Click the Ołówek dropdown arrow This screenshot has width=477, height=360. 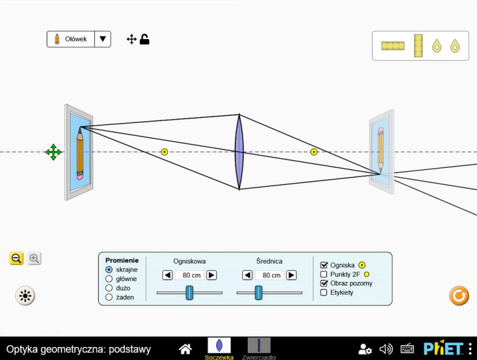(x=103, y=39)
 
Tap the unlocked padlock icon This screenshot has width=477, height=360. (x=145, y=40)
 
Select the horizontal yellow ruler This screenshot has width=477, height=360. (x=393, y=46)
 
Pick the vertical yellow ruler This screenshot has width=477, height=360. (x=418, y=45)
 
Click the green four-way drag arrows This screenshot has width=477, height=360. (x=53, y=152)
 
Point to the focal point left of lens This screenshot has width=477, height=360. (x=164, y=151)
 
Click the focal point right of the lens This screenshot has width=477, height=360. (x=314, y=151)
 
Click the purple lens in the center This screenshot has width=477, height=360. (x=239, y=151)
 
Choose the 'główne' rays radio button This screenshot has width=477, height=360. (x=109, y=279)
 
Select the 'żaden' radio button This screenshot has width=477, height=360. (x=109, y=297)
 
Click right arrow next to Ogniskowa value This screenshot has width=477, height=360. (x=211, y=275)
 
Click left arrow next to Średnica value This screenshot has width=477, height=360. (x=247, y=275)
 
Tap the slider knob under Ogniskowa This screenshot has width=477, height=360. (x=189, y=292)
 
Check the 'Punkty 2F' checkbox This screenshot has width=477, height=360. (x=324, y=274)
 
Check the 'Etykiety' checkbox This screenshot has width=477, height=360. (x=324, y=292)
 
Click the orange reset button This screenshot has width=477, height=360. (x=459, y=295)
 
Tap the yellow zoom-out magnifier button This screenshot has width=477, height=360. (x=16, y=259)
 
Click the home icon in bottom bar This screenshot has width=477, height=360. (x=185, y=349)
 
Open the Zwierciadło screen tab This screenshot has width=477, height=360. (x=259, y=348)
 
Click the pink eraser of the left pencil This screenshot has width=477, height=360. (x=79, y=177)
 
